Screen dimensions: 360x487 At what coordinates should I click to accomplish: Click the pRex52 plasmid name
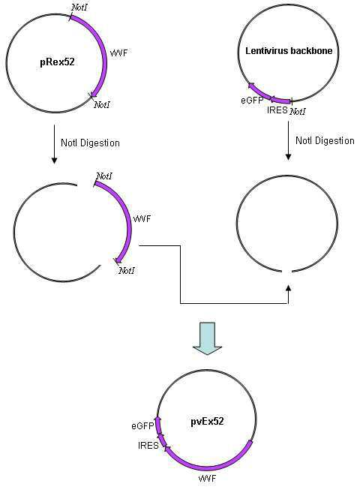[58, 62]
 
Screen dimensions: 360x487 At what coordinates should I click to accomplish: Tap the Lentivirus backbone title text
[289, 50]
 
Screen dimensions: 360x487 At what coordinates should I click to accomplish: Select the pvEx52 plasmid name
[207, 421]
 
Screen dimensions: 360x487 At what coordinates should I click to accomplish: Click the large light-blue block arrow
[207, 338]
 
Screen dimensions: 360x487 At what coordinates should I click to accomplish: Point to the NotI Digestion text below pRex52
[90, 143]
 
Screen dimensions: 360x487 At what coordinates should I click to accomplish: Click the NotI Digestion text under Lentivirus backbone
[325, 140]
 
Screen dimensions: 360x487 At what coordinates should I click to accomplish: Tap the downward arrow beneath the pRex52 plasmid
[54, 144]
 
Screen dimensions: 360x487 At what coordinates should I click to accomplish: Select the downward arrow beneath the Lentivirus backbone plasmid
[288, 140]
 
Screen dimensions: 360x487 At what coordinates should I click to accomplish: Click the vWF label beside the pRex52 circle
[118, 53]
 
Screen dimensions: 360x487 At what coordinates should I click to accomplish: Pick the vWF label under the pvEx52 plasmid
[207, 478]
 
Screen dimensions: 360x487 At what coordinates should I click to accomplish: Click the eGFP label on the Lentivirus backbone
[252, 101]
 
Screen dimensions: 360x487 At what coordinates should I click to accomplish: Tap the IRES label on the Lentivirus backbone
[277, 110]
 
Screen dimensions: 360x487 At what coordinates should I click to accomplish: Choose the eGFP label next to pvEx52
[142, 425]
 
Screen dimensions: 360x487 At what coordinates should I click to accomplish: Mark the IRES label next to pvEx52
[148, 446]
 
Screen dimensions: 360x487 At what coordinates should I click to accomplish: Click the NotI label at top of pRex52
[79, 8]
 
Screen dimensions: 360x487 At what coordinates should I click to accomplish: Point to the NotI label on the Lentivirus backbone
[298, 111]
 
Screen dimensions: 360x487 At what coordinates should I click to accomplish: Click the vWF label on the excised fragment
[142, 218]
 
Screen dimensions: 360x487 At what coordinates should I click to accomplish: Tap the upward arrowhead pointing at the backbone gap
[289, 288]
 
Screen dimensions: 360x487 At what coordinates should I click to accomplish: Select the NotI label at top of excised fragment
[104, 176]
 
